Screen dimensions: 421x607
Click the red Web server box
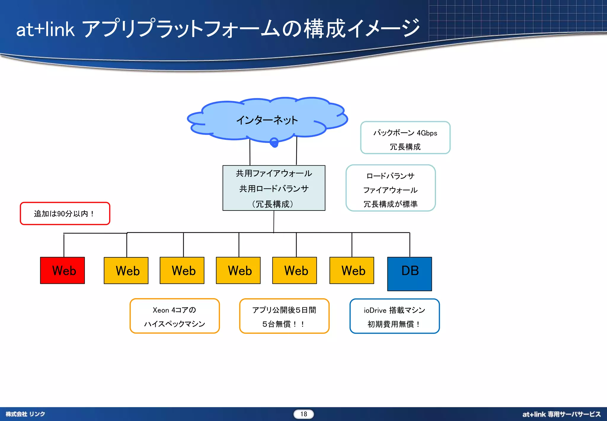pos(63,270)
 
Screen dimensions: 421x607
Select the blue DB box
pos(410,274)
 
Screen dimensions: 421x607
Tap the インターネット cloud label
pos(267,120)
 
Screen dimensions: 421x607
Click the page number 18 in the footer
pos(303,414)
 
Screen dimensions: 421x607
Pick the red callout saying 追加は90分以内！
pos(65,213)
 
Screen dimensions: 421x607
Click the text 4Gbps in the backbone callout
pos(427,133)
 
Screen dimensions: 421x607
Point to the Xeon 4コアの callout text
pos(174,310)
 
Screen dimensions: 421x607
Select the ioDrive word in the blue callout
pos(375,310)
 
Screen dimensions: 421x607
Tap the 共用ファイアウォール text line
pos(274,173)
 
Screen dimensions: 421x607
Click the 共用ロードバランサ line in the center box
pos(274,189)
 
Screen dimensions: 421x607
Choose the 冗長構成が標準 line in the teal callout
pos(390,204)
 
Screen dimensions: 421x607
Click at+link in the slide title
pos(45,30)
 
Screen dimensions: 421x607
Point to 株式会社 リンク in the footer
pos(25,414)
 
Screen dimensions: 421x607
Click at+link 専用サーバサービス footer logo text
pos(561,414)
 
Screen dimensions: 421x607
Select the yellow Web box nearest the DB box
pos(352,270)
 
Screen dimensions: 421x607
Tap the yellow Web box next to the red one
pos(126,270)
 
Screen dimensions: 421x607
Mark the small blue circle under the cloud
pos(274,142)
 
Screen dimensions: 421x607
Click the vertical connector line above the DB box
pos(410,245)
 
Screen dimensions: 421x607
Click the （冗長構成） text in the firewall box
pos(273,204)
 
